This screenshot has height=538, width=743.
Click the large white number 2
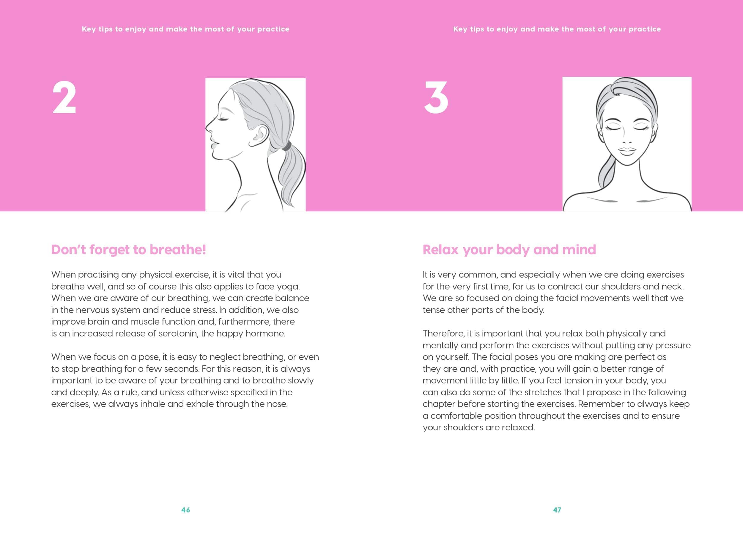tap(64, 97)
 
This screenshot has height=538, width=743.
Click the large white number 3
tap(436, 97)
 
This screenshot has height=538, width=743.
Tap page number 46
tap(186, 510)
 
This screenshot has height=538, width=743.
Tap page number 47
tap(557, 510)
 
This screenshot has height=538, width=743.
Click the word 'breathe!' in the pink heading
tap(178, 250)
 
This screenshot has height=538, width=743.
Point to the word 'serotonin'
tap(178, 334)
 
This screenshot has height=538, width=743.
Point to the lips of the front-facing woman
tap(627, 151)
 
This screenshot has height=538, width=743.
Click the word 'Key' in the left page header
tap(89, 29)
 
